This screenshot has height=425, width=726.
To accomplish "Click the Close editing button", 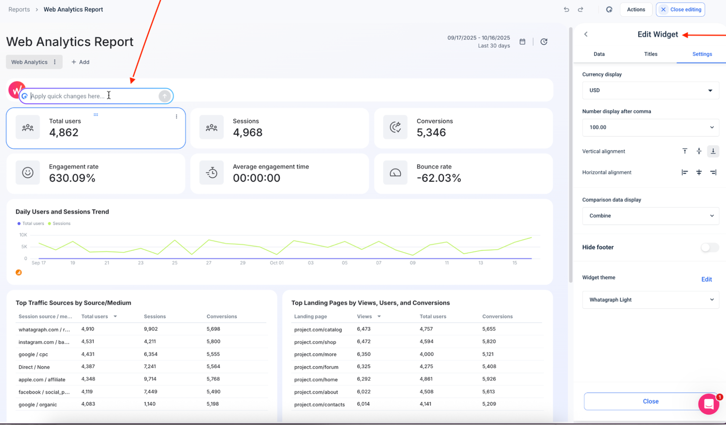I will coord(681,10).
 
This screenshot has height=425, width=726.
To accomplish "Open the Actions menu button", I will coord(636,10).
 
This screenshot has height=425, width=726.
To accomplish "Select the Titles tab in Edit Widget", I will coord(650,54).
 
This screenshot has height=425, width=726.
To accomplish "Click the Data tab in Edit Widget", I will coord(599,54).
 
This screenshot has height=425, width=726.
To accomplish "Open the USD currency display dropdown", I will coord(650,91).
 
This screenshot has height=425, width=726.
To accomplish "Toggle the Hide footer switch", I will coord(709,247).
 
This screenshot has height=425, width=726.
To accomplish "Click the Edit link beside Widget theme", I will coord(706,279).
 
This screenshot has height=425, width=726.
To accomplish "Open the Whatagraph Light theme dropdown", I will coord(650,300).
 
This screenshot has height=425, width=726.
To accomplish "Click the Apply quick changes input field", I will coord(93,96).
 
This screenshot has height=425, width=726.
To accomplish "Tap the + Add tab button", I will coord(81,62).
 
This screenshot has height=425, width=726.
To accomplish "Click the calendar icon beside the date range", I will coord(522,42).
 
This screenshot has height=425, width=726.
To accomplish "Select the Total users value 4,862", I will coord(64,133).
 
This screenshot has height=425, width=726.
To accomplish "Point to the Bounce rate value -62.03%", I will coord(439,178).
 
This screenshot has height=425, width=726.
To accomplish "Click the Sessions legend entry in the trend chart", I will coord(61,224).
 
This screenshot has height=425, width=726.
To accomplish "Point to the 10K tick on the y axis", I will coord(23,235).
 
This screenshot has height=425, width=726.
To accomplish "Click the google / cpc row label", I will coord(33,355).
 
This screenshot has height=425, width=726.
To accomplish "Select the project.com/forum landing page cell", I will coord(316,367).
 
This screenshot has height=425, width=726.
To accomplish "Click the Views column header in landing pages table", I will coord(365,317).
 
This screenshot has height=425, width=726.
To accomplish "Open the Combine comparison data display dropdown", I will coord(650,216).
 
